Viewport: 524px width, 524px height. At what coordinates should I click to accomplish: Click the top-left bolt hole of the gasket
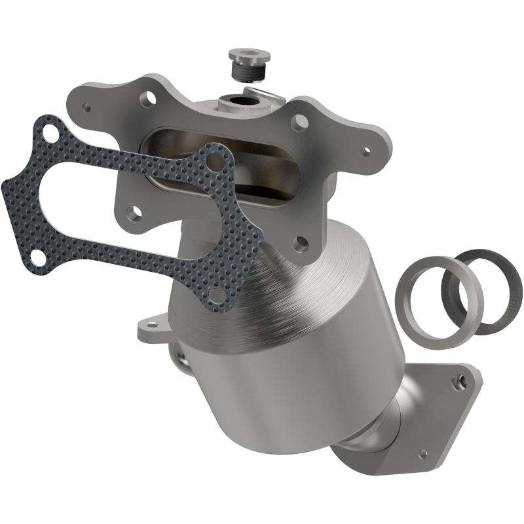48,133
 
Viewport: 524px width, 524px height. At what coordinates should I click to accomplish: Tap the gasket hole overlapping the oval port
214,161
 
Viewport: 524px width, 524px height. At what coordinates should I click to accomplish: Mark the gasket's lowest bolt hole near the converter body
216,297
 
